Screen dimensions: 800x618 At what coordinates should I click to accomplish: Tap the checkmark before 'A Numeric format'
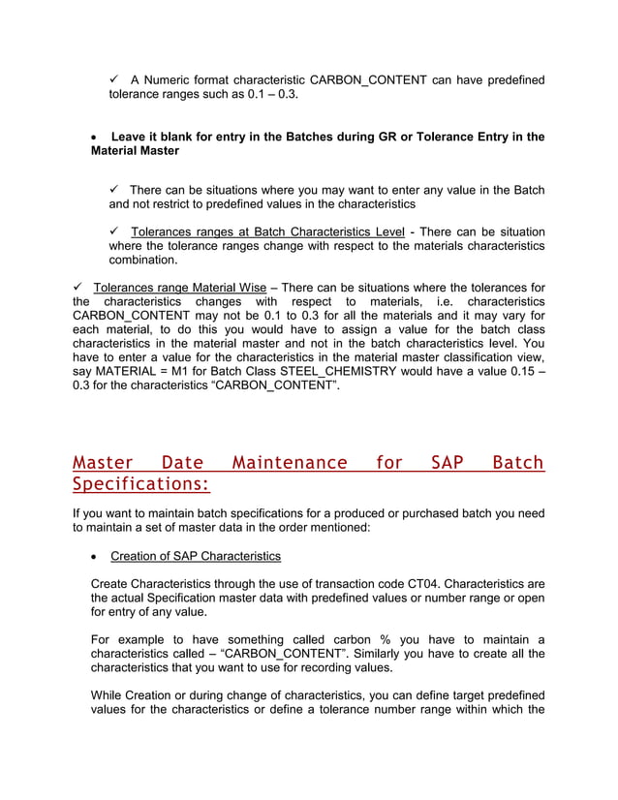coord(114,78)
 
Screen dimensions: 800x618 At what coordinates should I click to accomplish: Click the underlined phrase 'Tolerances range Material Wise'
coord(179,288)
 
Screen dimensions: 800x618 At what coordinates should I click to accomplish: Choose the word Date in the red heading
coord(183,463)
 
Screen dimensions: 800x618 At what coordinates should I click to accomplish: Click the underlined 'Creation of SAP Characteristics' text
coord(196,556)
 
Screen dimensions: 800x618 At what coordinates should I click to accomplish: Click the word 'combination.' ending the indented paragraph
coord(143,261)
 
